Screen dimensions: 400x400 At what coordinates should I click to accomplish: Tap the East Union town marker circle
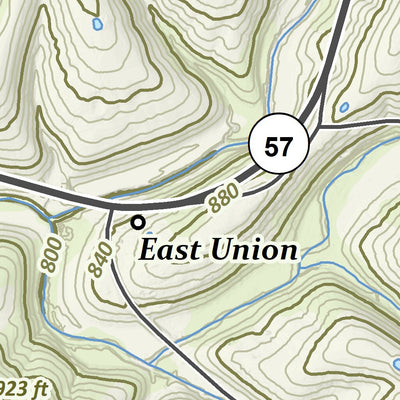click(x=139, y=222)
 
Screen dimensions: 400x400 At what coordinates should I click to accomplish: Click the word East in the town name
click(x=171, y=249)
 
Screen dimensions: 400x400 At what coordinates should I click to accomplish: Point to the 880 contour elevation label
click(x=226, y=198)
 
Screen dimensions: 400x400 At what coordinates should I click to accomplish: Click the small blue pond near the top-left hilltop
click(x=97, y=23)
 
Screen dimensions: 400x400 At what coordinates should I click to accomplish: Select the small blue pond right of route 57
click(x=343, y=106)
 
